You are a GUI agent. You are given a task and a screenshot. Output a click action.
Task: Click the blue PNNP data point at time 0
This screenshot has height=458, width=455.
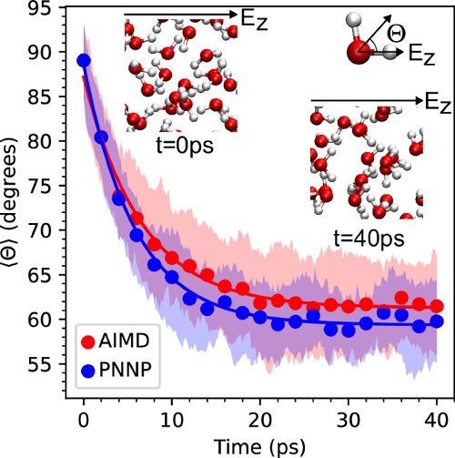pos(84,61)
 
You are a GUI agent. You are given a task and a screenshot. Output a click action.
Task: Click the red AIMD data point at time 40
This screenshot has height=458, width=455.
pos(436,306)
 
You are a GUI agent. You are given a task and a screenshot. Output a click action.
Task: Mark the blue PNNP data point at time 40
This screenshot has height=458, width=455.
pos(436,321)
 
